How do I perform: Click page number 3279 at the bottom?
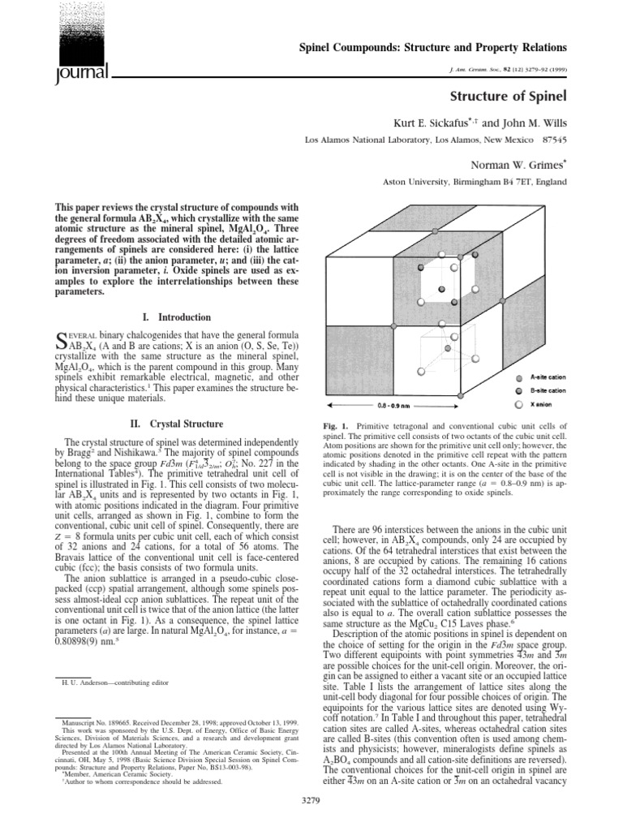(x=311, y=819)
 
